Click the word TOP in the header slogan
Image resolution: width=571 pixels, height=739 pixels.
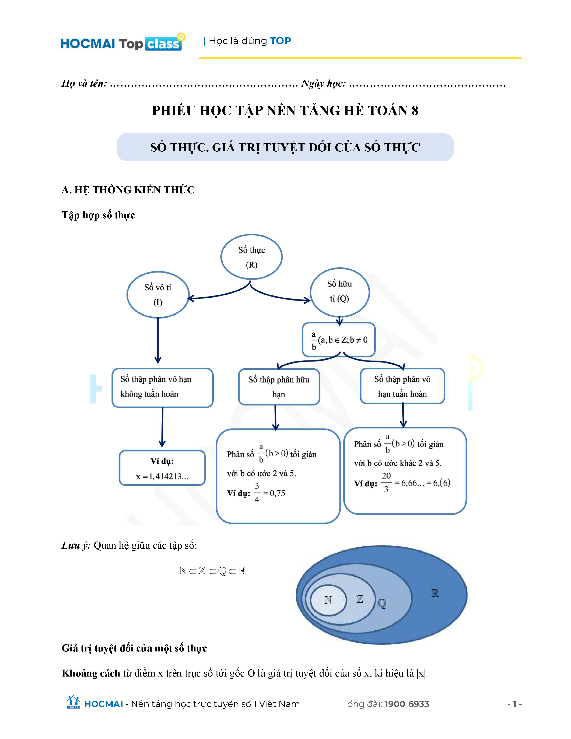[x=280, y=41]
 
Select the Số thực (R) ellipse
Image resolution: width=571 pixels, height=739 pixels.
[x=251, y=257]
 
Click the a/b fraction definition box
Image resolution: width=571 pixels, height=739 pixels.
[x=339, y=340]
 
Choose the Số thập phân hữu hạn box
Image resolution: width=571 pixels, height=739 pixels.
[x=279, y=387]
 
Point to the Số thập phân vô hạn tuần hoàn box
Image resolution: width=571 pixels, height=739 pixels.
[x=402, y=386]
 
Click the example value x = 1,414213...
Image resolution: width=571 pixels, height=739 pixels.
[x=162, y=476]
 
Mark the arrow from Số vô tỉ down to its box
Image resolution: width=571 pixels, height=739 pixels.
[x=158, y=340]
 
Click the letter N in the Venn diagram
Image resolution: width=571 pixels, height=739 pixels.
[x=328, y=600]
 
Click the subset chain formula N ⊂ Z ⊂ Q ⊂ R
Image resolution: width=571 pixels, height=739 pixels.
[x=212, y=571]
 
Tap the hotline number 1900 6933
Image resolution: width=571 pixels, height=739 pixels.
[x=407, y=704]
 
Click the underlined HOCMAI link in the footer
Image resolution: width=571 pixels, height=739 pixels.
[x=103, y=704]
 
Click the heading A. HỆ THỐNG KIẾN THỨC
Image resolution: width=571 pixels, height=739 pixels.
[x=128, y=190]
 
